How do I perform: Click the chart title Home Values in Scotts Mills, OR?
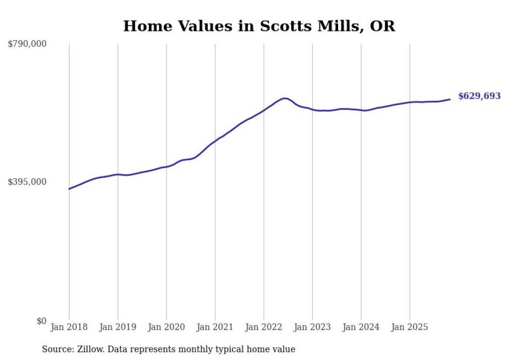click(259, 26)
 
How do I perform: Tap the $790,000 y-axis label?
click(27, 44)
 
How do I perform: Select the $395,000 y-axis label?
click(27, 182)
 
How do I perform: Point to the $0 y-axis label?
click(41, 321)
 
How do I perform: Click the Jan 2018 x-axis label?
click(69, 327)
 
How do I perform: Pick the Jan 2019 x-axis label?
click(117, 327)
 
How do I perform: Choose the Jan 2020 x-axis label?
click(166, 327)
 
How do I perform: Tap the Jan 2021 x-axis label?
click(215, 327)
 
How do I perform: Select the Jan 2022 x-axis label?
click(264, 327)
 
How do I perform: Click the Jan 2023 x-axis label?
click(312, 327)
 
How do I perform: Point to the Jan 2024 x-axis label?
click(361, 327)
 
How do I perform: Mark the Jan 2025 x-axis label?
click(410, 327)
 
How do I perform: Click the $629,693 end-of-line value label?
click(479, 96)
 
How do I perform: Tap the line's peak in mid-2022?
click(284, 98)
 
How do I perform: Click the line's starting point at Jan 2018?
click(69, 189)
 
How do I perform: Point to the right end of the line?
click(450, 99)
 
